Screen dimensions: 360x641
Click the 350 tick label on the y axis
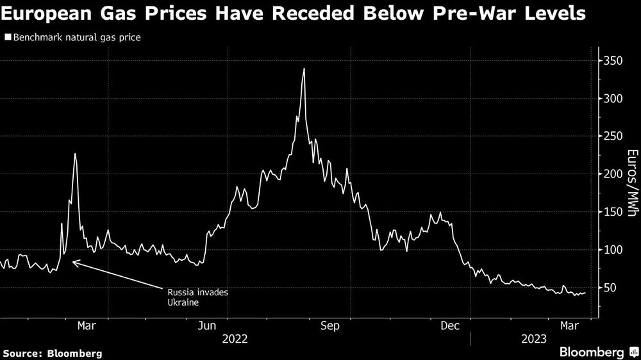coord(612,61)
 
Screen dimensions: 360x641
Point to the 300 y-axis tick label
coord(612,99)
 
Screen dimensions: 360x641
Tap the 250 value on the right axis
coord(612,136)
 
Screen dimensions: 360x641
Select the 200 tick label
coord(612,174)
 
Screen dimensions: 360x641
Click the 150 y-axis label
coord(612,212)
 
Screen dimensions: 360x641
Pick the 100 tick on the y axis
coord(612,250)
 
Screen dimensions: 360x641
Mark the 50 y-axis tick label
coord(610,288)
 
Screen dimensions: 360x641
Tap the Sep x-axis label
coord(329,326)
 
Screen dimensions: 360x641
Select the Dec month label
coord(451,326)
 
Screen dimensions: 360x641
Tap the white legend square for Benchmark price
coord(8,38)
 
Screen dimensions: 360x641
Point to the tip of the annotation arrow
coord(72,261)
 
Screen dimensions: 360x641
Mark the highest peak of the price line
coord(304,69)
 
